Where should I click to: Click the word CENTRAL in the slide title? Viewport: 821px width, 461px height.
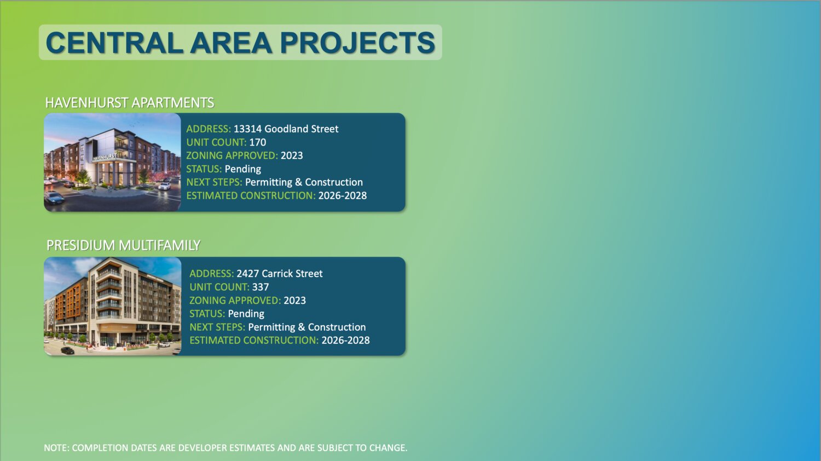pos(114,43)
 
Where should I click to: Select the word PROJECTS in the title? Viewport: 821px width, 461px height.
pos(357,43)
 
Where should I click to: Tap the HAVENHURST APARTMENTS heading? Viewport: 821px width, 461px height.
pos(129,103)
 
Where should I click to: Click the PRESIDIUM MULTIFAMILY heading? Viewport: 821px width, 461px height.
pos(123,245)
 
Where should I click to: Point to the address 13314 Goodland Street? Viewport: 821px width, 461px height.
pos(286,129)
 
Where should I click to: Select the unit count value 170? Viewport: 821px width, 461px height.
pos(258,142)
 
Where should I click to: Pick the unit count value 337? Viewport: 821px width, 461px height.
pos(261,287)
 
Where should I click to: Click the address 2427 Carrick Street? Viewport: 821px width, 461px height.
pos(280,274)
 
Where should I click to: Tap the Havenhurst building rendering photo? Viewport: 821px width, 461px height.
pos(113,162)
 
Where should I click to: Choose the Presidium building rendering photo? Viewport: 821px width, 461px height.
pos(113,306)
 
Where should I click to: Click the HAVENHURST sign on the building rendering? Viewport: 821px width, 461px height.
pos(105,157)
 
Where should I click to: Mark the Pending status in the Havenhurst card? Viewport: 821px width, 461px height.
pos(242,169)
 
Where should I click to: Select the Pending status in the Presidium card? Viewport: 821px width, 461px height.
pos(246,314)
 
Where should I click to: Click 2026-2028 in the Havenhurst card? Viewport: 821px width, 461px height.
pos(342,195)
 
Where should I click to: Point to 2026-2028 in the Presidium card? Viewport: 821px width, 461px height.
pos(345,341)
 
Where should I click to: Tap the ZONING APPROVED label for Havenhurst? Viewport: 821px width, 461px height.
pos(232,155)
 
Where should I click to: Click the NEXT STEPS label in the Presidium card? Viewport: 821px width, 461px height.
pos(217,327)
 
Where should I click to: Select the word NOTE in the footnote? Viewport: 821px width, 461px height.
pos(56,448)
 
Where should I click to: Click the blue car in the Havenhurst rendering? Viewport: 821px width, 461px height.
pos(54,198)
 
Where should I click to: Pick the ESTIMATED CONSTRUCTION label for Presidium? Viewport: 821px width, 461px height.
pos(254,341)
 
